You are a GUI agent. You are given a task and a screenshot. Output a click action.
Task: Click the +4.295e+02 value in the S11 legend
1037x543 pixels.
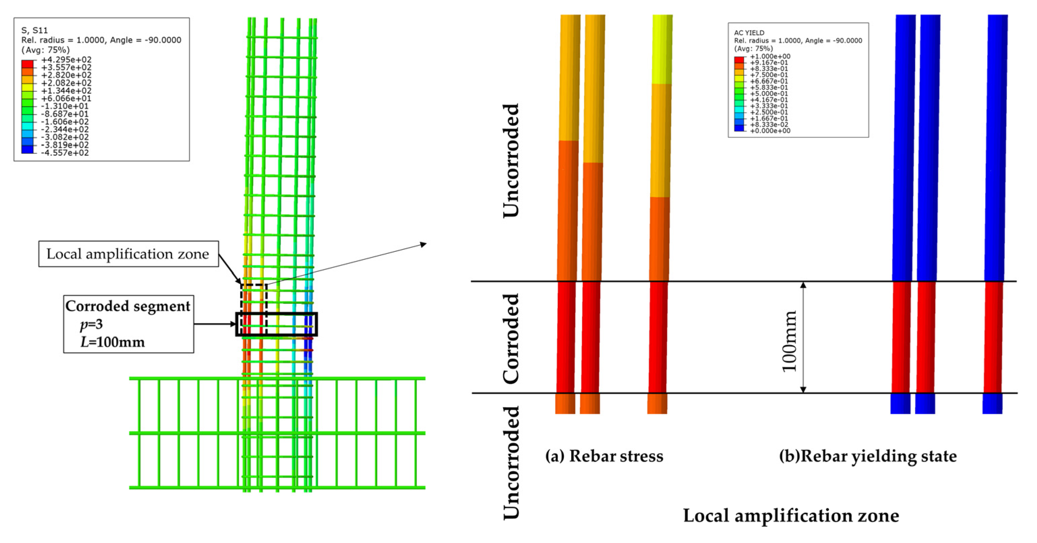66,60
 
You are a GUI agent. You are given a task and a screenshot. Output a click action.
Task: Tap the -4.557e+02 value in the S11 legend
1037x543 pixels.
65,153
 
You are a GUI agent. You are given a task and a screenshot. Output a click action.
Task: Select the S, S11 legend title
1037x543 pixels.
34,30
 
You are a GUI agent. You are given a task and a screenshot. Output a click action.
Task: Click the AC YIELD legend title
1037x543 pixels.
749,33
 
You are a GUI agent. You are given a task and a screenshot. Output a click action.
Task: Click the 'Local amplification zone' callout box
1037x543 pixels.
128,254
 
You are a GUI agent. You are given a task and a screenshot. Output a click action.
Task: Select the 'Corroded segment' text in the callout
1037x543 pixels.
128,306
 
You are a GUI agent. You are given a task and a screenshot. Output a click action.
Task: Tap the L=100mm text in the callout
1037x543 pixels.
112,342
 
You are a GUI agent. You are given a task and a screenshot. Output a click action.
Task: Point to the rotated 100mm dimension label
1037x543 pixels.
789,342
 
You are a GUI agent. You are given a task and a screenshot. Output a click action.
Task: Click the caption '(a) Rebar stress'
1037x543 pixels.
604,456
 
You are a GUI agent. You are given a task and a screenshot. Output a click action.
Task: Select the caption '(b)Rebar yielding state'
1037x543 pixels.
867,456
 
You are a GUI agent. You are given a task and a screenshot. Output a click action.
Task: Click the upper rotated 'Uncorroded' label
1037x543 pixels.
511,161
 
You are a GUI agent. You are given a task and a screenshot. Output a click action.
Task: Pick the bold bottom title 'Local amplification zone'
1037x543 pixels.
791,516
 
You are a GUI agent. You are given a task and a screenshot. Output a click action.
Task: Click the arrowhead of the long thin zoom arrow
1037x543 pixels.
424,244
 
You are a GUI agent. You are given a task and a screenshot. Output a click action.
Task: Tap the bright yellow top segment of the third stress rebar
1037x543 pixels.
662,48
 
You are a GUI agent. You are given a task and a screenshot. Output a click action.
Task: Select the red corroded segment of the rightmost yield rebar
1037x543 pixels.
993,337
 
